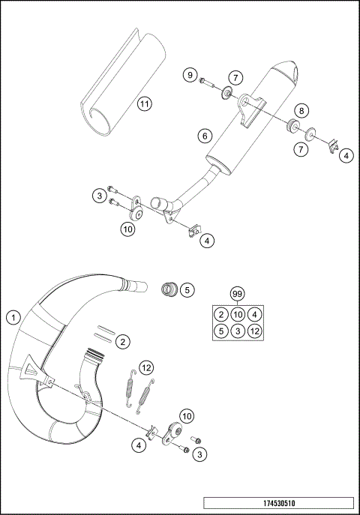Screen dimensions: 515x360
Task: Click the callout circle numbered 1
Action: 13,318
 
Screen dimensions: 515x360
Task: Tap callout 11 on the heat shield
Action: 144,103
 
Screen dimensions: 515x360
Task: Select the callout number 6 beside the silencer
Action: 203,136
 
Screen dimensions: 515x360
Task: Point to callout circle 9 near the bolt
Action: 190,76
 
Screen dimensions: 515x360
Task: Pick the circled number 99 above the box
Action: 238,293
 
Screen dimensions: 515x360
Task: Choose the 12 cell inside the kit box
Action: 255,331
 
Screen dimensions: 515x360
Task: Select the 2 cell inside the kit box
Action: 220,314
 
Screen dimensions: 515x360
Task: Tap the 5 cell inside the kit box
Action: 220,331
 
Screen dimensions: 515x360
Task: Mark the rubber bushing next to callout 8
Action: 289,124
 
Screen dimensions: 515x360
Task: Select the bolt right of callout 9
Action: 208,82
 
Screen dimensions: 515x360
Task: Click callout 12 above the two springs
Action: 145,368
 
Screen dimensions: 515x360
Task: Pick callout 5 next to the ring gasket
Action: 187,289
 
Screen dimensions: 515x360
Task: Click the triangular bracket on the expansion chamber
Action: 32,367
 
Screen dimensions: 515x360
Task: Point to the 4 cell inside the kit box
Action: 255,314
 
